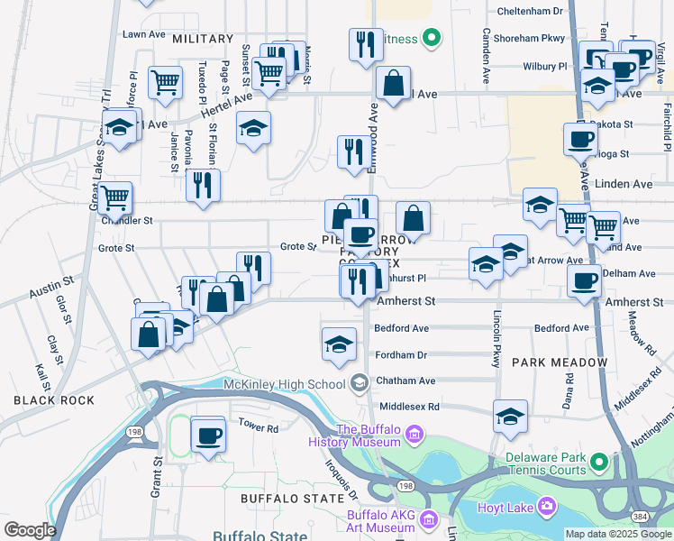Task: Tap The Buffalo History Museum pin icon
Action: (x=414, y=436)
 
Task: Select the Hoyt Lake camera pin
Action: (x=546, y=506)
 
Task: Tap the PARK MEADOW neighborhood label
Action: (x=560, y=362)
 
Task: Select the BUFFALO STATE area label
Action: (x=280, y=498)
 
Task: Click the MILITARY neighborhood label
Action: (x=202, y=40)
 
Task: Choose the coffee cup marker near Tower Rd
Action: (x=208, y=436)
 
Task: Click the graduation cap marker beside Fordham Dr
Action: (x=339, y=344)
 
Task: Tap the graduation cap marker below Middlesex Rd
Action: (x=510, y=417)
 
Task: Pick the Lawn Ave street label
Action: (x=144, y=34)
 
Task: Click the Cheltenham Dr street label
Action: (x=532, y=12)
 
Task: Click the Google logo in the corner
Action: (x=30, y=530)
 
